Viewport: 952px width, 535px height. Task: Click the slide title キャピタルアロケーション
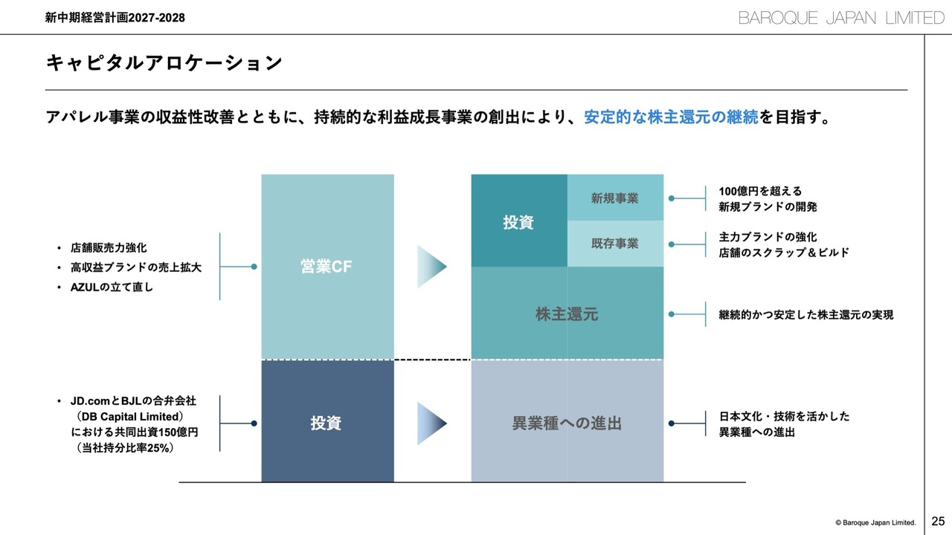pyautogui.click(x=164, y=63)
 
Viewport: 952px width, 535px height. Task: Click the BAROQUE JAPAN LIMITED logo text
pyautogui.click(x=840, y=18)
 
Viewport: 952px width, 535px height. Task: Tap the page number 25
pyautogui.click(x=938, y=521)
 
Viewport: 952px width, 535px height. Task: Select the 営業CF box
pyautogui.click(x=327, y=267)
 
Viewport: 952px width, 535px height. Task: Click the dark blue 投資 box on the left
pyautogui.click(x=327, y=422)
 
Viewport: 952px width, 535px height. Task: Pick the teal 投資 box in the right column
pyautogui.click(x=519, y=221)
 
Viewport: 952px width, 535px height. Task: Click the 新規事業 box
pyautogui.click(x=615, y=198)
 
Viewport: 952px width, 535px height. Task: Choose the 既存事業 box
pyautogui.click(x=615, y=244)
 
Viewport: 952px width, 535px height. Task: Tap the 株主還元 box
pyautogui.click(x=567, y=314)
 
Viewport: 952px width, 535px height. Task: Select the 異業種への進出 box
pyautogui.click(x=567, y=422)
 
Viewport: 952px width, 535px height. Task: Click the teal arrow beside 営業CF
pyautogui.click(x=432, y=267)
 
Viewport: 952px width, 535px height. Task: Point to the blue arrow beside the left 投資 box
pyautogui.click(x=432, y=422)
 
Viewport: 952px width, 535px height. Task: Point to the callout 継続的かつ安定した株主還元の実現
pyautogui.click(x=806, y=315)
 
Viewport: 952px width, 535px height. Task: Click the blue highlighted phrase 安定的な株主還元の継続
pyautogui.click(x=671, y=117)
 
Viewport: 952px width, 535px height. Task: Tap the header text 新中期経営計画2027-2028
pyautogui.click(x=115, y=18)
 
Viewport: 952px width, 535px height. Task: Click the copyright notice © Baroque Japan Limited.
pyautogui.click(x=875, y=522)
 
